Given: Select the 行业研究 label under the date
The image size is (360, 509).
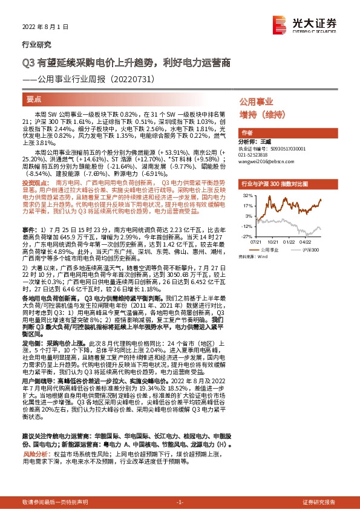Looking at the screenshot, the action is pyautogui.click(x=36, y=44).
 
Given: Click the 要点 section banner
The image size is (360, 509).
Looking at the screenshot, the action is pyautogui.click(x=35, y=98).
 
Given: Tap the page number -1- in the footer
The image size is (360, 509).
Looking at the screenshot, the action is pyautogui.click(x=179, y=502).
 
